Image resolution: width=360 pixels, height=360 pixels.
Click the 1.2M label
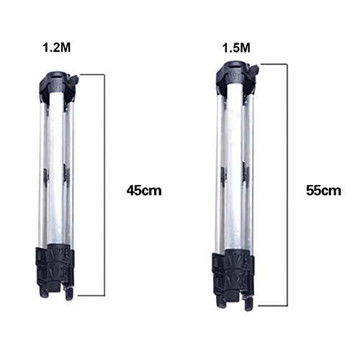57,48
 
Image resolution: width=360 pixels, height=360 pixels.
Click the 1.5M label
236,48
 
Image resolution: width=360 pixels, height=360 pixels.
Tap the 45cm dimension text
144,191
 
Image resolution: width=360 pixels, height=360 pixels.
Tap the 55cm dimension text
323,191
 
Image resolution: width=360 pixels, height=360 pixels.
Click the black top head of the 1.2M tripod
59,84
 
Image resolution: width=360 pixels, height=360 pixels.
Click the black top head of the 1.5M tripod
237,74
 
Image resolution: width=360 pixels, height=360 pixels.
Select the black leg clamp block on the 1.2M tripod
55,264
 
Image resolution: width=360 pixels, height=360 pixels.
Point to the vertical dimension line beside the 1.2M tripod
104,185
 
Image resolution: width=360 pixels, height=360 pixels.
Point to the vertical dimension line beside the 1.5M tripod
287,185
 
